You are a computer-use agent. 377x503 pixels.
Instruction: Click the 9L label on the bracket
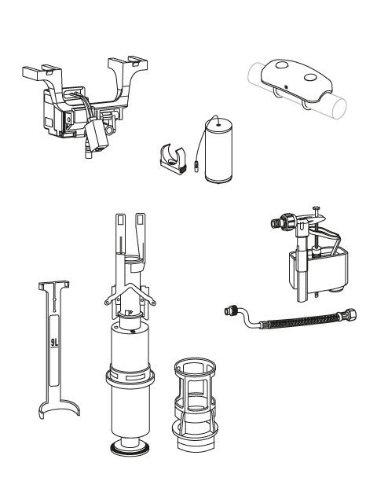pos(55,343)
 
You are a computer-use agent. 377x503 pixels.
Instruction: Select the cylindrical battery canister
pos(218,150)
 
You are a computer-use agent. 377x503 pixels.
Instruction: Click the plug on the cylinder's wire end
pos(196,167)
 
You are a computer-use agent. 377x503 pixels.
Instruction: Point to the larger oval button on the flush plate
pos(310,78)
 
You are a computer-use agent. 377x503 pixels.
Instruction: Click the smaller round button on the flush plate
pos(281,65)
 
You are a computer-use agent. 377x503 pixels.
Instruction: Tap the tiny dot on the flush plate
pos(286,86)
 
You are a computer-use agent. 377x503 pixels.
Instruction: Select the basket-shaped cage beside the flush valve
pos(196,404)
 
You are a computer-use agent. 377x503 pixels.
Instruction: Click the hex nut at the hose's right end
pos(350,314)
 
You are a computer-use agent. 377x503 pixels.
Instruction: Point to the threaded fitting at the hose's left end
pos(230,310)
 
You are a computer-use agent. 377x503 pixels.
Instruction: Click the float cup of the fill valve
pos(318,272)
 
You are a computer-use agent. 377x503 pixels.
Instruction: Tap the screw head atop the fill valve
pos(316,207)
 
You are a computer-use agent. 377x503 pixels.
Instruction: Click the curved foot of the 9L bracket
pos(60,408)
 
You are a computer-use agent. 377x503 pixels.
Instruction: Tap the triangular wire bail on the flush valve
pos(130,294)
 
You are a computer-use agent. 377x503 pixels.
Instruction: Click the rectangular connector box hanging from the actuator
pos(97,136)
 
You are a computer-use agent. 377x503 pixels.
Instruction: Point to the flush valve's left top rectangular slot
pos(120,220)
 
